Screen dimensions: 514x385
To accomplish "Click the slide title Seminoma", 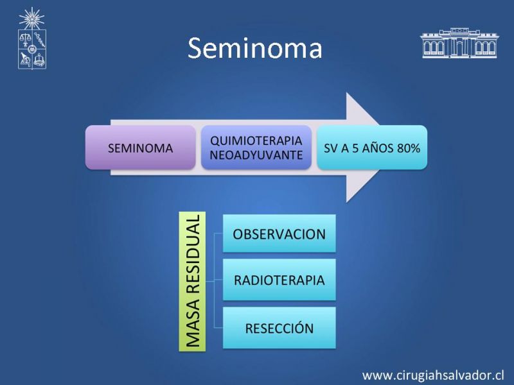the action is coord(255,48).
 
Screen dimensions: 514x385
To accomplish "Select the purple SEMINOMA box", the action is coord(141,148).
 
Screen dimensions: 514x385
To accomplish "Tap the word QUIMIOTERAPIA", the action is coord(256,141).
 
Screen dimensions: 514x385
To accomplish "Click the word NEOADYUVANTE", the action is coord(256,155).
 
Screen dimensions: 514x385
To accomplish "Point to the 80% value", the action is coord(408,148).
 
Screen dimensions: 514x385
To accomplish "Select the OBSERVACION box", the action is coord(279,234).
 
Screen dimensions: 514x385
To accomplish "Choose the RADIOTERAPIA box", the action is coord(279,280).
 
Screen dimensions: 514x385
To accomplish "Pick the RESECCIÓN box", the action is coord(279,328).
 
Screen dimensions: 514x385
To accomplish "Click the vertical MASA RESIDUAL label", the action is coord(192,282).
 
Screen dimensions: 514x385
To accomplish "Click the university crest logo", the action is coord(31,38).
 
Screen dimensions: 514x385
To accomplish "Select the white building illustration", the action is coord(459,43).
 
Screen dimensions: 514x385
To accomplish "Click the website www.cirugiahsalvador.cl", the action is coord(433,375).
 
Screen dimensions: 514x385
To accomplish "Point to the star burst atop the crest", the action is coord(31,19).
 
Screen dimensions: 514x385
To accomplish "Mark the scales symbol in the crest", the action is coord(25,40).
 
